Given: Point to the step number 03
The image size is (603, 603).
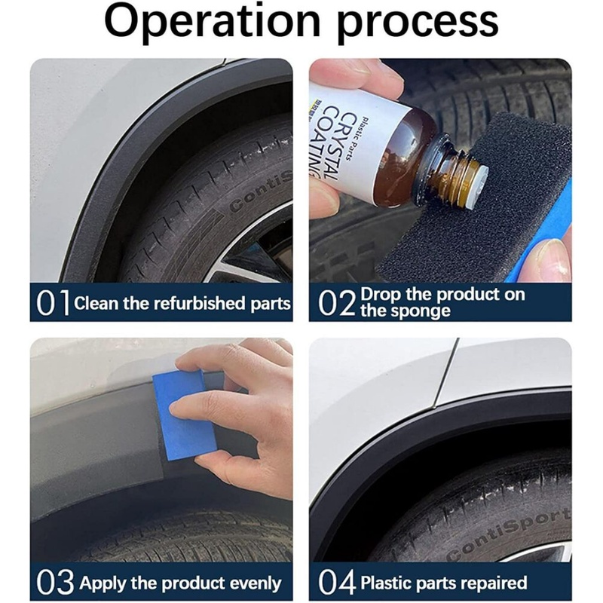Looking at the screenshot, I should pyautogui.click(x=54, y=583).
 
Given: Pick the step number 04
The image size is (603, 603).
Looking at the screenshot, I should pyautogui.click(x=337, y=583).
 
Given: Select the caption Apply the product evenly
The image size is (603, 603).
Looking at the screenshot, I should pyautogui.click(x=180, y=583).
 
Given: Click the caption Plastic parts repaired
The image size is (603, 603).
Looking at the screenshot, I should pyautogui.click(x=444, y=583).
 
